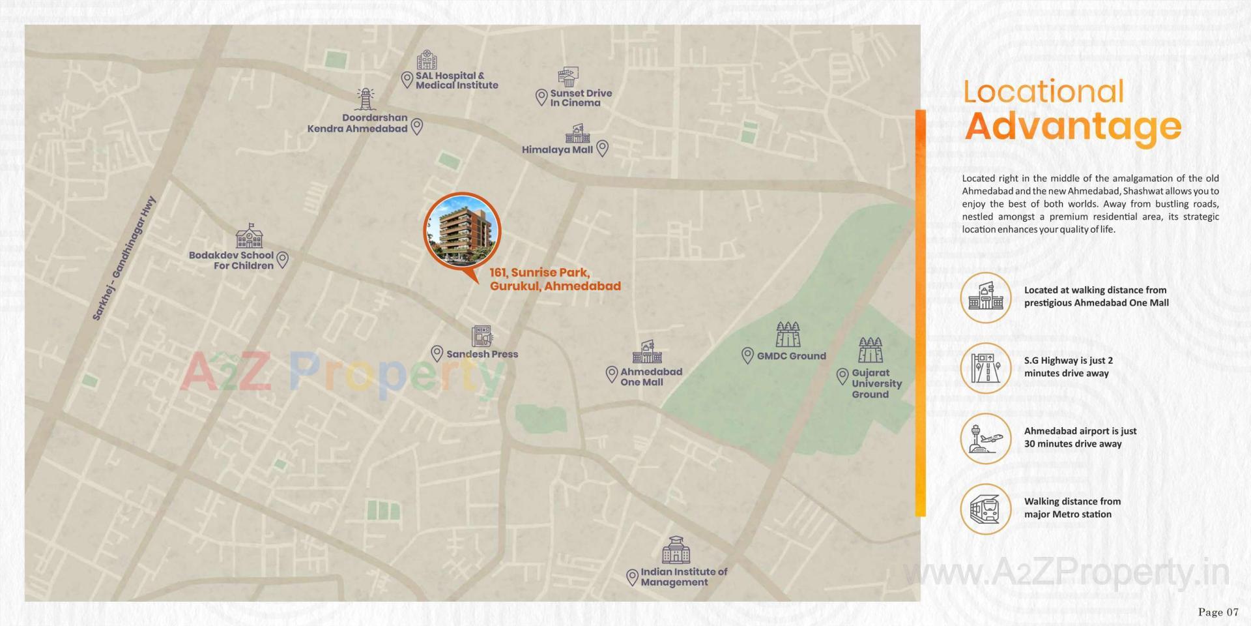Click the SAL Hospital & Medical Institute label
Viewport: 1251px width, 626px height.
point(456,80)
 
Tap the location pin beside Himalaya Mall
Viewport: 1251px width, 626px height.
point(603,149)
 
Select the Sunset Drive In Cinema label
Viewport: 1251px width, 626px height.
point(581,98)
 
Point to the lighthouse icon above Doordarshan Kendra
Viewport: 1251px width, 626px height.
point(364,99)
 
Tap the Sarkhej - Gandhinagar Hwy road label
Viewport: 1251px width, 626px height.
point(124,258)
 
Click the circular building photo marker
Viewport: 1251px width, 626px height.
point(462,231)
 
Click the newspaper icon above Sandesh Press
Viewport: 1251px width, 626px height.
point(482,336)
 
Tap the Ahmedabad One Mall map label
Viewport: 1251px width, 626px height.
point(650,377)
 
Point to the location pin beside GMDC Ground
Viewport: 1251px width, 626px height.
point(747,355)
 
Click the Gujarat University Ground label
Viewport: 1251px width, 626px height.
point(876,383)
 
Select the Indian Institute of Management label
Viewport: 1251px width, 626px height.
point(683,576)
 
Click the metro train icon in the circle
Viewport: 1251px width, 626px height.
point(985,509)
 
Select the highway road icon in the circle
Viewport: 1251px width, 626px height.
point(985,368)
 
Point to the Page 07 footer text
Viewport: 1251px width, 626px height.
point(1218,612)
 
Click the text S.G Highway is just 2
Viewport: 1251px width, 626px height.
point(1069,361)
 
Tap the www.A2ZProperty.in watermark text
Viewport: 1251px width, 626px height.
point(1067,573)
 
